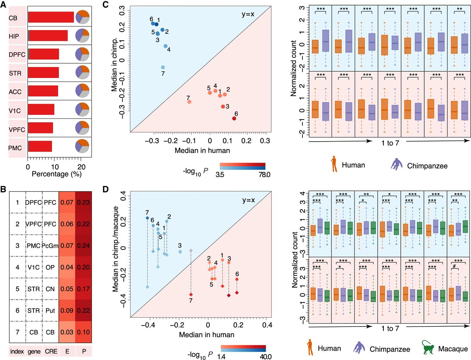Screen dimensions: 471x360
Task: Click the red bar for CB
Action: pos(51,17)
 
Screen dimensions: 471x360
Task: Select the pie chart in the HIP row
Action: pos(82,36)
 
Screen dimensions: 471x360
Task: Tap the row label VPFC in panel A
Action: pos(17,129)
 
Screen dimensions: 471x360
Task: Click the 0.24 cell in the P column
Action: pos(84,246)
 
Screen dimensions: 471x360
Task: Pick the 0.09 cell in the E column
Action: pos(67,310)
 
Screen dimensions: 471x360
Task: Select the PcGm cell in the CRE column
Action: pos(50,246)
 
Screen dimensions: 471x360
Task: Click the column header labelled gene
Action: pos(34,352)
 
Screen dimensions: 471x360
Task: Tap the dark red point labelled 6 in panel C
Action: pos(234,118)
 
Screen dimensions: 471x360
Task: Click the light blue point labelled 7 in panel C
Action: pos(163,67)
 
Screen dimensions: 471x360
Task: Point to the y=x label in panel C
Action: pos(248,14)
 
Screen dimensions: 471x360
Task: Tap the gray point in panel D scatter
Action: pos(191,250)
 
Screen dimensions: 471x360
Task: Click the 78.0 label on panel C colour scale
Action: pos(264,175)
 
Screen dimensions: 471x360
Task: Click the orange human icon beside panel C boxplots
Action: pos(334,164)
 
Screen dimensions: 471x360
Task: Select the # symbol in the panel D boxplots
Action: pos(454,266)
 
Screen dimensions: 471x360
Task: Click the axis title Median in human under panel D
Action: pos(207,335)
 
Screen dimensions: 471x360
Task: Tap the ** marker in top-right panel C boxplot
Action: pos(460,9)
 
